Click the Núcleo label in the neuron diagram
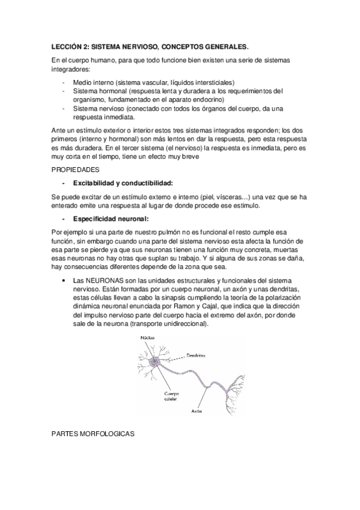tap(147, 337)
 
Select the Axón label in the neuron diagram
tap(196, 411)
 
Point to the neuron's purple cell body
tap(154, 362)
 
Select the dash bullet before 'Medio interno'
tap(64, 82)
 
